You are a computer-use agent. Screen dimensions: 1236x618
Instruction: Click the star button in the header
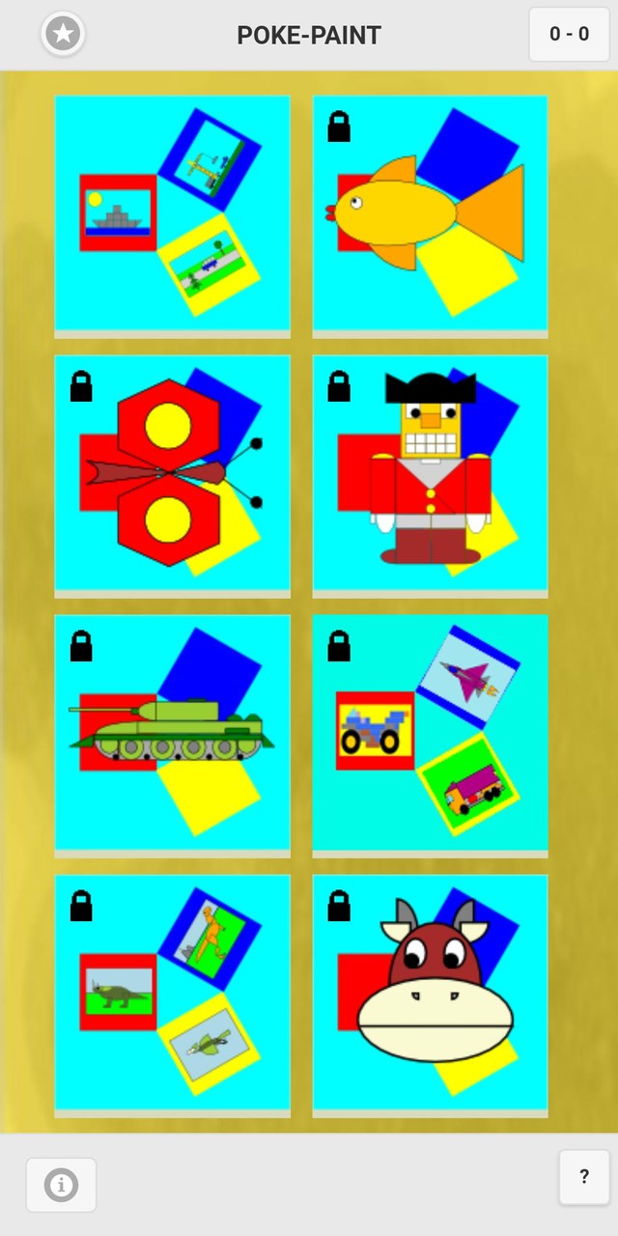(63, 35)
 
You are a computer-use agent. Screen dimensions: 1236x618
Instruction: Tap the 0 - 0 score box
(569, 35)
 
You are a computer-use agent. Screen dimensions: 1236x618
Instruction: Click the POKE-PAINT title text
(309, 36)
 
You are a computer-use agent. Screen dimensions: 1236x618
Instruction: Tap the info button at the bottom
(61, 1184)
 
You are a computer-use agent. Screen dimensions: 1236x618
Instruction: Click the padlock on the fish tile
(339, 126)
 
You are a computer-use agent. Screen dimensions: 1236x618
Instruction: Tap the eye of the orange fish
(356, 203)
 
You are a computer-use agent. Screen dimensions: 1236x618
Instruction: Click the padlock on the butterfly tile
(81, 386)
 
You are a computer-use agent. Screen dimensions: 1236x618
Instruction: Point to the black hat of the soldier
(431, 388)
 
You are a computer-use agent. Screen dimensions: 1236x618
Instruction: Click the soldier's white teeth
(431, 442)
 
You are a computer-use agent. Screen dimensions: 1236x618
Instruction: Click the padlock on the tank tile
(81, 646)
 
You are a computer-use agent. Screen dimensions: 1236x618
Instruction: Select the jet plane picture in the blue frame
(467, 677)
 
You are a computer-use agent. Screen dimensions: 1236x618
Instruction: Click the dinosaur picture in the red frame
(118, 992)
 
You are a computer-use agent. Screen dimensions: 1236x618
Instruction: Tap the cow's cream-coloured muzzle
(435, 1016)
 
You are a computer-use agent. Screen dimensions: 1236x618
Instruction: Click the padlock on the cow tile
(339, 906)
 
